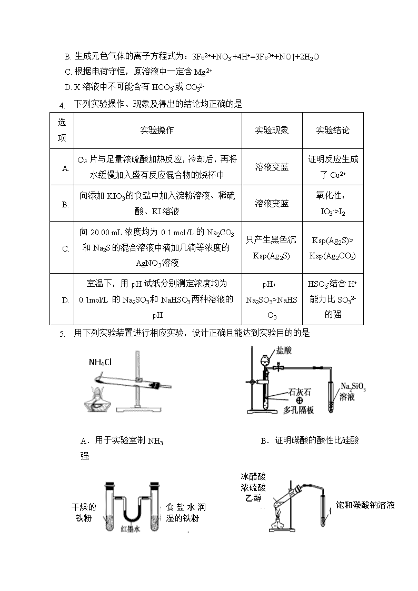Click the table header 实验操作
coord(157,130)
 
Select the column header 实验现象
coord(272,130)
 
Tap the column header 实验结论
coord(333,130)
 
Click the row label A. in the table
coord(66,168)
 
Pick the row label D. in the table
coord(66,300)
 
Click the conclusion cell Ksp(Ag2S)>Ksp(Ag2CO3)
coord(333,248)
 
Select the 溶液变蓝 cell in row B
coord(272,204)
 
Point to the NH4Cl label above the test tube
coord(100,363)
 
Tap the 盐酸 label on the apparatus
coord(284,350)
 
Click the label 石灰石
coord(300,392)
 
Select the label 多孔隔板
coord(298,410)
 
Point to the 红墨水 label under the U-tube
coord(131,529)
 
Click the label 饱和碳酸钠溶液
coord(365,505)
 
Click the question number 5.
coord(62,334)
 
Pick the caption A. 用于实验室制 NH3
coord(122,440)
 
